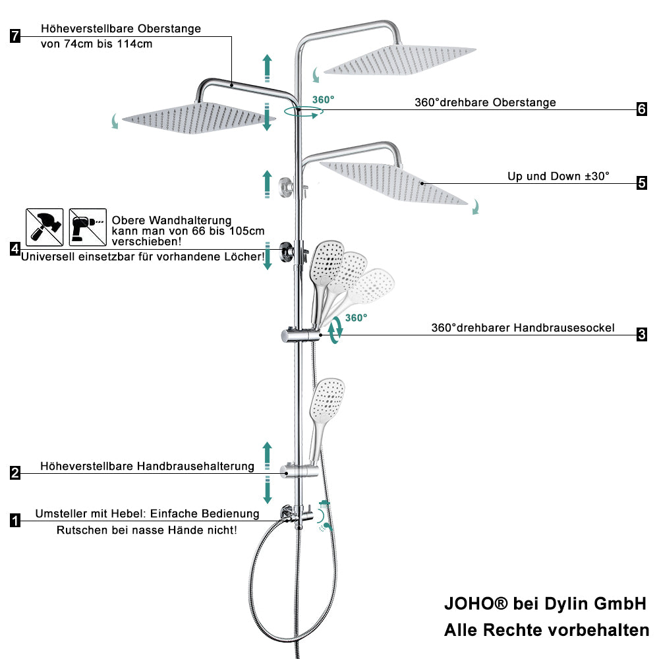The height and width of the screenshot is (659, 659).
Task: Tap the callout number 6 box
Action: [642, 109]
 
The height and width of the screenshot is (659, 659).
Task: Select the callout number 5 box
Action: [642, 183]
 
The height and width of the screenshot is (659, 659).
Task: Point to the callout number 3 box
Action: [642, 335]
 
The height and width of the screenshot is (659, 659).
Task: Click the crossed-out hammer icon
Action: [45, 227]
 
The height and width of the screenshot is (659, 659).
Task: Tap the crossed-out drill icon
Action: [88, 227]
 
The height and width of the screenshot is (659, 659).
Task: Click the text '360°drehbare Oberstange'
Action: [485, 102]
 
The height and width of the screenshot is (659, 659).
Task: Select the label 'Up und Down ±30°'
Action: [558, 176]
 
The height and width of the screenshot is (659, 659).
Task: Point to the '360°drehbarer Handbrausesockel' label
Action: [523, 328]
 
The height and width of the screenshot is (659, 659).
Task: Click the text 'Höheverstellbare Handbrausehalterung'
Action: [147, 466]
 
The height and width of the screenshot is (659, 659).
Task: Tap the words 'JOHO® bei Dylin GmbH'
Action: [545, 603]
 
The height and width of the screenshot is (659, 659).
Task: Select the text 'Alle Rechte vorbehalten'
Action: [546, 630]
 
